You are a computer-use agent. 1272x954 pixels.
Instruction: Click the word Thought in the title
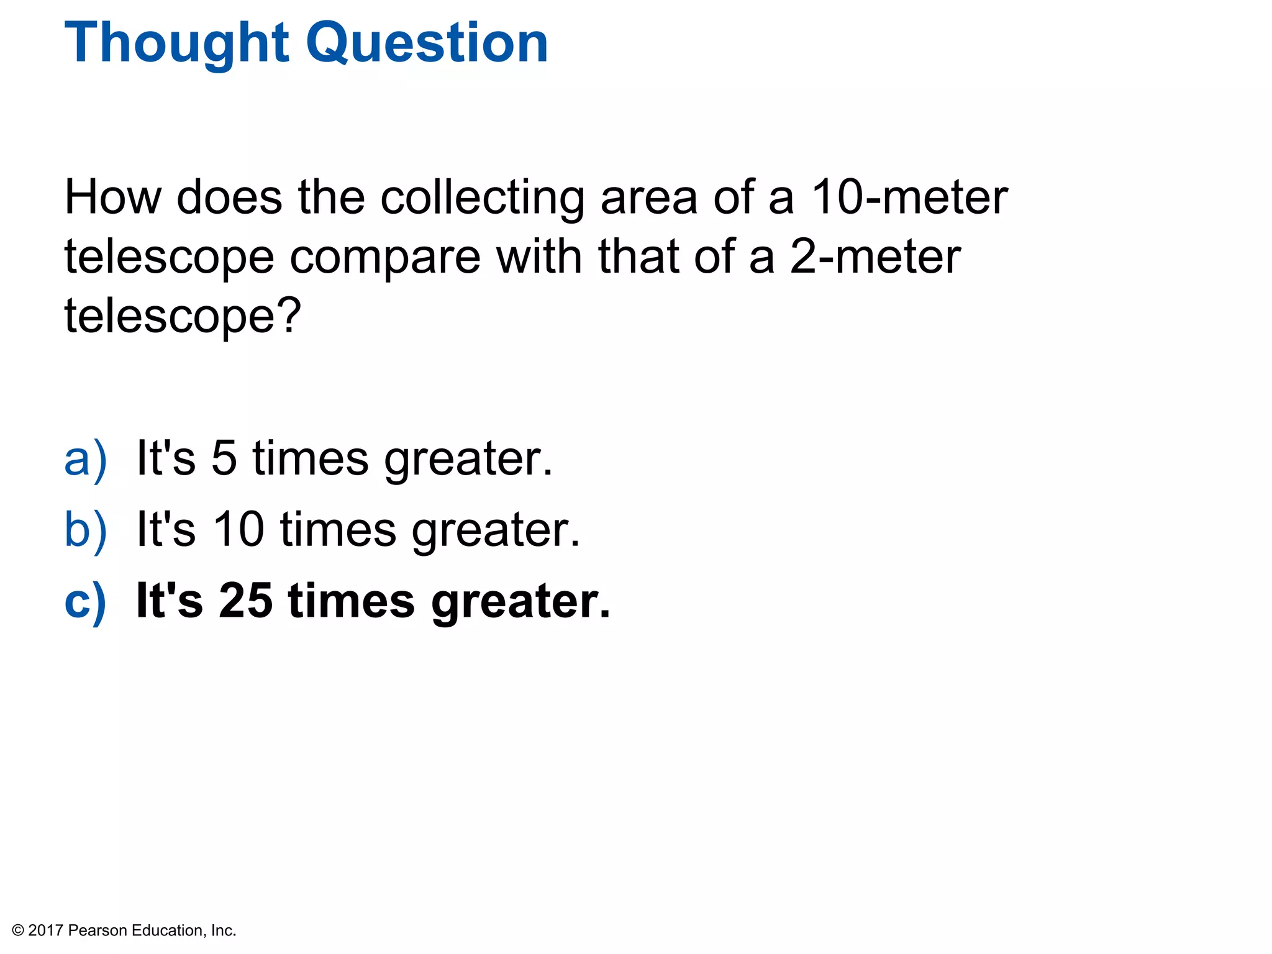pyautogui.click(x=176, y=43)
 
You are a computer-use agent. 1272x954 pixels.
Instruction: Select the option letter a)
pyautogui.click(x=85, y=458)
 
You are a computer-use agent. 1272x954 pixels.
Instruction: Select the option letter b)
pyautogui.click(x=85, y=529)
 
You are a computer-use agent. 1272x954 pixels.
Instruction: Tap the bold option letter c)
pyautogui.click(x=85, y=601)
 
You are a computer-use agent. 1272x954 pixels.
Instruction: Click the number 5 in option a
pyautogui.click(x=224, y=458)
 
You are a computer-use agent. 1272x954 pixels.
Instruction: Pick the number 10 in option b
pyautogui.click(x=239, y=529)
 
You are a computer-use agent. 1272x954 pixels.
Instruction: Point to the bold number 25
pyautogui.click(x=245, y=601)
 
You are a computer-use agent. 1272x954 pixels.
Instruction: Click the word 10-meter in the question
pyautogui.click(x=909, y=198)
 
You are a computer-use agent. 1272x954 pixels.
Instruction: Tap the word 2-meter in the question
pyautogui.click(x=875, y=257)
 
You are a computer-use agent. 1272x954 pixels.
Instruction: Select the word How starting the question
pyautogui.click(x=112, y=198)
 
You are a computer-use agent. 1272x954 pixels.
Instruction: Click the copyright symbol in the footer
pyautogui.click(x=18, y=930)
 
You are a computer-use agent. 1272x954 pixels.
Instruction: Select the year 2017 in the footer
pyautogui.click(x=46, y=930)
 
